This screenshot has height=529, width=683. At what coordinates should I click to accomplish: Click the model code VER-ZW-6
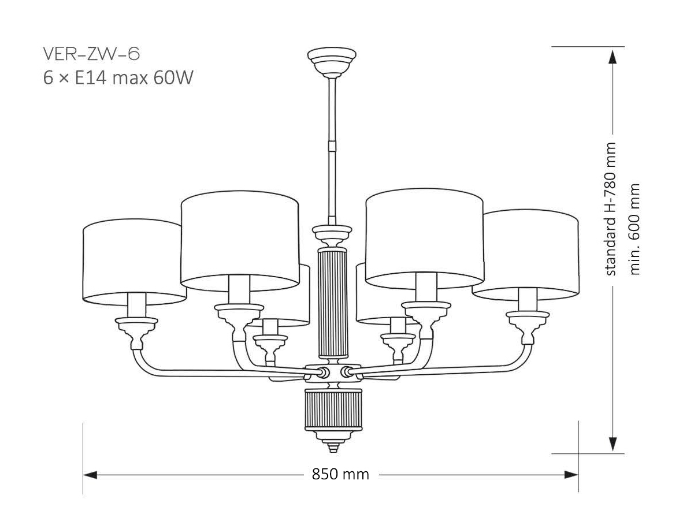(x=91, y=54)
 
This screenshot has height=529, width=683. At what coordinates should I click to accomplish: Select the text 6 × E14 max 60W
(x=117, y=77)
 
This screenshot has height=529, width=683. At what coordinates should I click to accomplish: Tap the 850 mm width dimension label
(x=340, y=475)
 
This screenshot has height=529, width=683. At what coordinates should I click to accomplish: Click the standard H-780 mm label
(x=611, y=209)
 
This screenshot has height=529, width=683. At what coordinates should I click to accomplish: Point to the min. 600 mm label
(x=635, y=229)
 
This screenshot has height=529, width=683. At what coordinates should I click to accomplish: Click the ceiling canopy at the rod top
(x=332, y=59)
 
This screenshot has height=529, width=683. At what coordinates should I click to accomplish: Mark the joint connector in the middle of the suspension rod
(x=332, y=144)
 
